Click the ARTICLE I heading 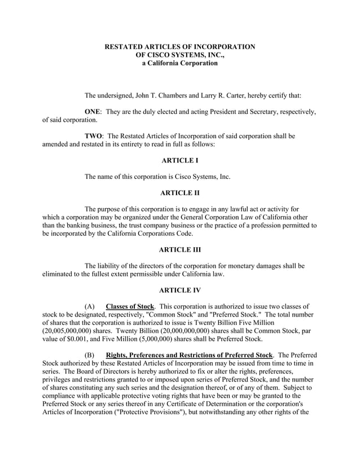pos(180,161)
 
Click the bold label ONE pos(93,112)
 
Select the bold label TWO pos(93,136)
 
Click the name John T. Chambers pos(161,95)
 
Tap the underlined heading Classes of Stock pos(131,306)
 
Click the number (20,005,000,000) pos(72,331)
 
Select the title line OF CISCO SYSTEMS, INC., pos(180,55)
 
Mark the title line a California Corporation pos(180,64)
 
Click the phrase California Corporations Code pos(144,233)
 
